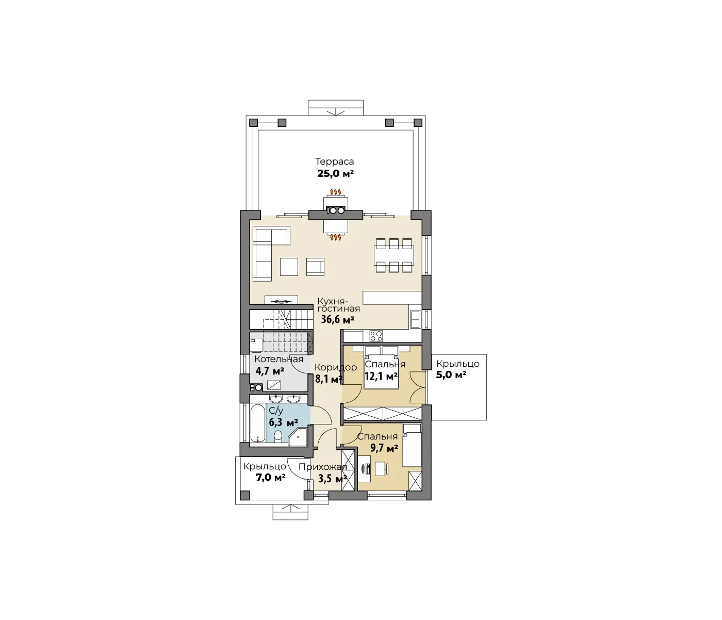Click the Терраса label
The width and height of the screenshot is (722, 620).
pos(334,161)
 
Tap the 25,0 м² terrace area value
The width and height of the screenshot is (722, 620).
pos(335,174)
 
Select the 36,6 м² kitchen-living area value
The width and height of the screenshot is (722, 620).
pos(338,319)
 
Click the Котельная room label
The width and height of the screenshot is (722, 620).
pos(278,358)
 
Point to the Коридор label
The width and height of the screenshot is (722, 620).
pos(335,367)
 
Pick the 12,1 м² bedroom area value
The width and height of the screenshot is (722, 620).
pos(381,376)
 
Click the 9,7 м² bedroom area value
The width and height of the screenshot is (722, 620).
pos(384,448)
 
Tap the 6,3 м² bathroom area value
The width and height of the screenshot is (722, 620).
pos(283,422)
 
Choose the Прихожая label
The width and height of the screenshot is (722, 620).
pos(323,467)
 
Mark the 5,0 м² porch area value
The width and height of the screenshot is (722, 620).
pos(451,375)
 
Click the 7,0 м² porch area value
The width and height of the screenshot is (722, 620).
pos(271,477)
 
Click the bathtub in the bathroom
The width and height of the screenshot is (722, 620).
pos(258,423)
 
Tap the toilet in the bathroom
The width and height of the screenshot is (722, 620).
pos(278,436)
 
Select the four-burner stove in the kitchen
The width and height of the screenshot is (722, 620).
pos(376,336)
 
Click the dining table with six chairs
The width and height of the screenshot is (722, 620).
pos(393,255)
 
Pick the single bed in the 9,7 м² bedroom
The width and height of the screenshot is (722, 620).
pos(412,445)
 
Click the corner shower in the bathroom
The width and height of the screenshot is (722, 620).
pos(298,436)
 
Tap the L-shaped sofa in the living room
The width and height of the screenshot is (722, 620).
pos(268,251)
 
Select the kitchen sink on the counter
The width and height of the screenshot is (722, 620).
pos(415,319)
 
